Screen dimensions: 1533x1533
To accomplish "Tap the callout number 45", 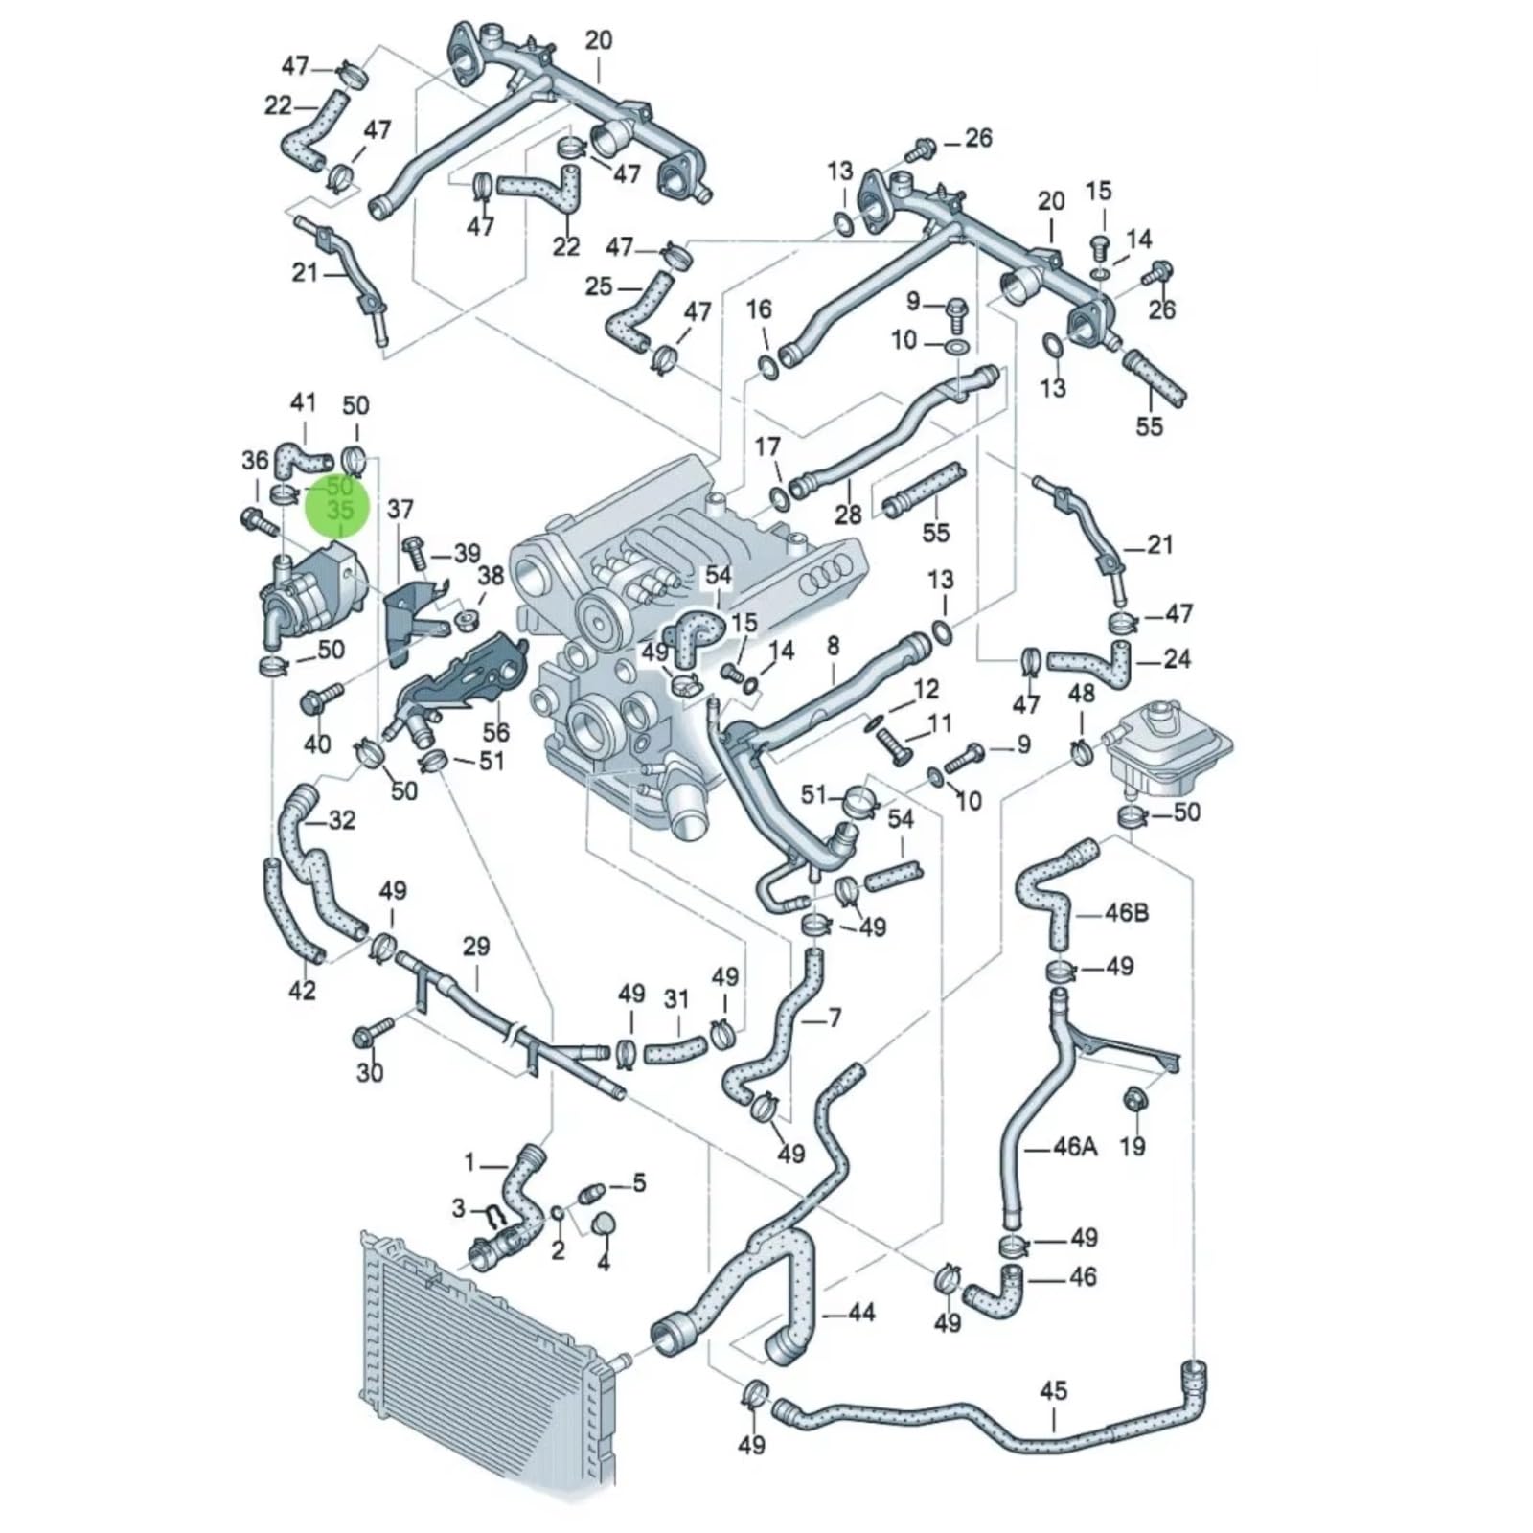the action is tap(1053, 1389).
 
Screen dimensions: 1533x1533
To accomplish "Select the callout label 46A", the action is tap(1075, 1146).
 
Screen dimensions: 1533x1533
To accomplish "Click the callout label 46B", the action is tap(1127, 911).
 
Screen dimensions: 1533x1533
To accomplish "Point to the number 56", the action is tap(495, 732).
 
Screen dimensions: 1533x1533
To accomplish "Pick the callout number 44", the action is tap(862, 1312).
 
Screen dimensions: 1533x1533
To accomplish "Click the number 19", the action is tap(1133, 1145).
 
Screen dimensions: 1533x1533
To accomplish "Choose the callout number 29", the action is tap(476, 947).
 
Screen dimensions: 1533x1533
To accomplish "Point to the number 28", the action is tap(848, 515).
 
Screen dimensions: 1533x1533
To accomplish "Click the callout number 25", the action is tap(598, 286).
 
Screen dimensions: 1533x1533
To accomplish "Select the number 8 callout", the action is tap(833, 646).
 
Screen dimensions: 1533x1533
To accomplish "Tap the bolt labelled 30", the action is tap(373, 1033).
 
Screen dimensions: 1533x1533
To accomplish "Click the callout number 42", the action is tap(302, 990).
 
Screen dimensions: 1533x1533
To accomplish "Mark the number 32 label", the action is tap(342, 820).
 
